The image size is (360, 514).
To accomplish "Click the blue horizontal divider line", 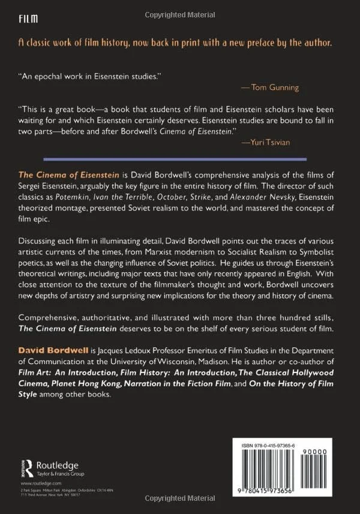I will [x=180, y=159].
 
